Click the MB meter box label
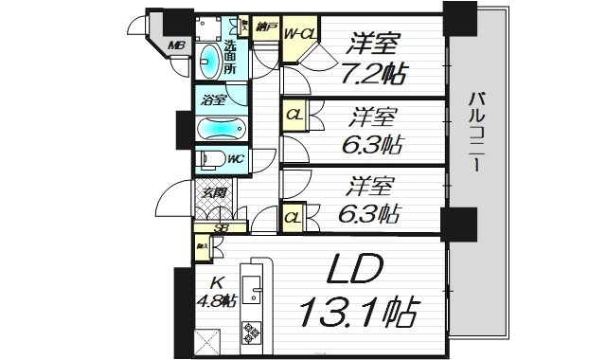pyautogui.click(x=176, y=45)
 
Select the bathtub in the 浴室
pyautogui.click(x=221, y=128)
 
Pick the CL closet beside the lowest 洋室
pyautogui.click(x=294, y=219)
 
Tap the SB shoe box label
pyautogui.click(x=220, y=227)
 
